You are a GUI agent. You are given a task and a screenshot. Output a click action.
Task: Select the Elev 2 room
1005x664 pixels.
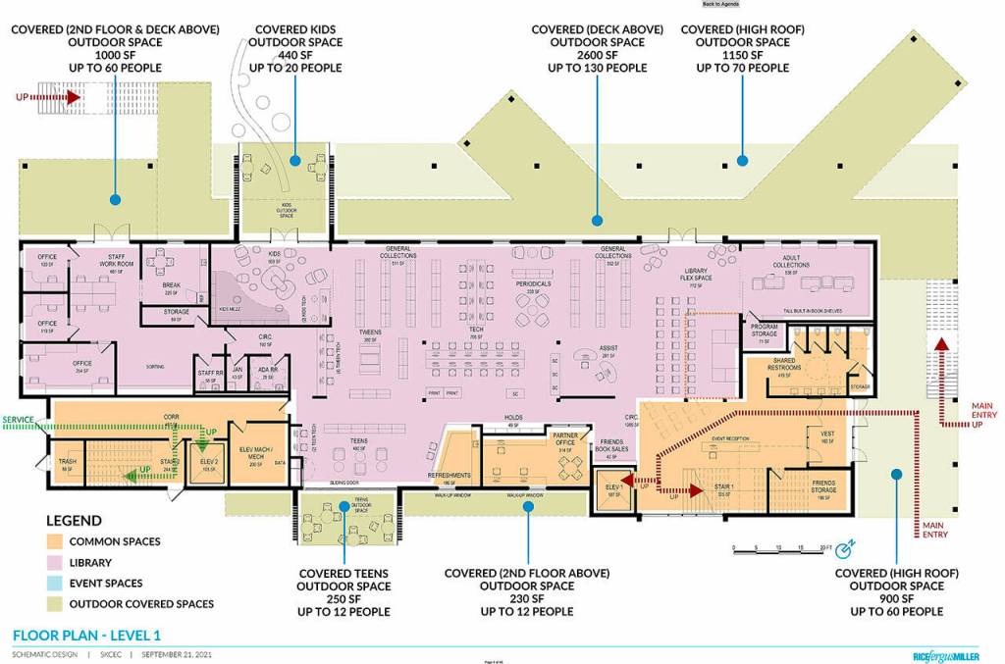(207, 466)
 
